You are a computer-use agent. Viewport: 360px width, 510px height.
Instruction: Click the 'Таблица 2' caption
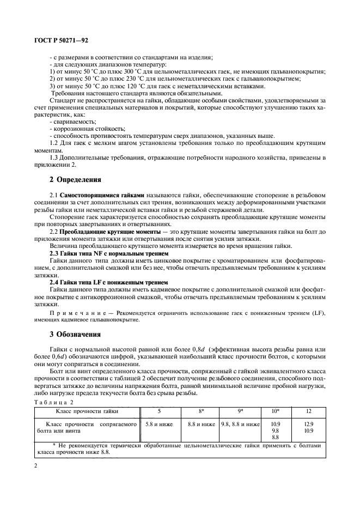[52, 401]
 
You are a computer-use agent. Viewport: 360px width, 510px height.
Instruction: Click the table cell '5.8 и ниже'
[158, 423]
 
